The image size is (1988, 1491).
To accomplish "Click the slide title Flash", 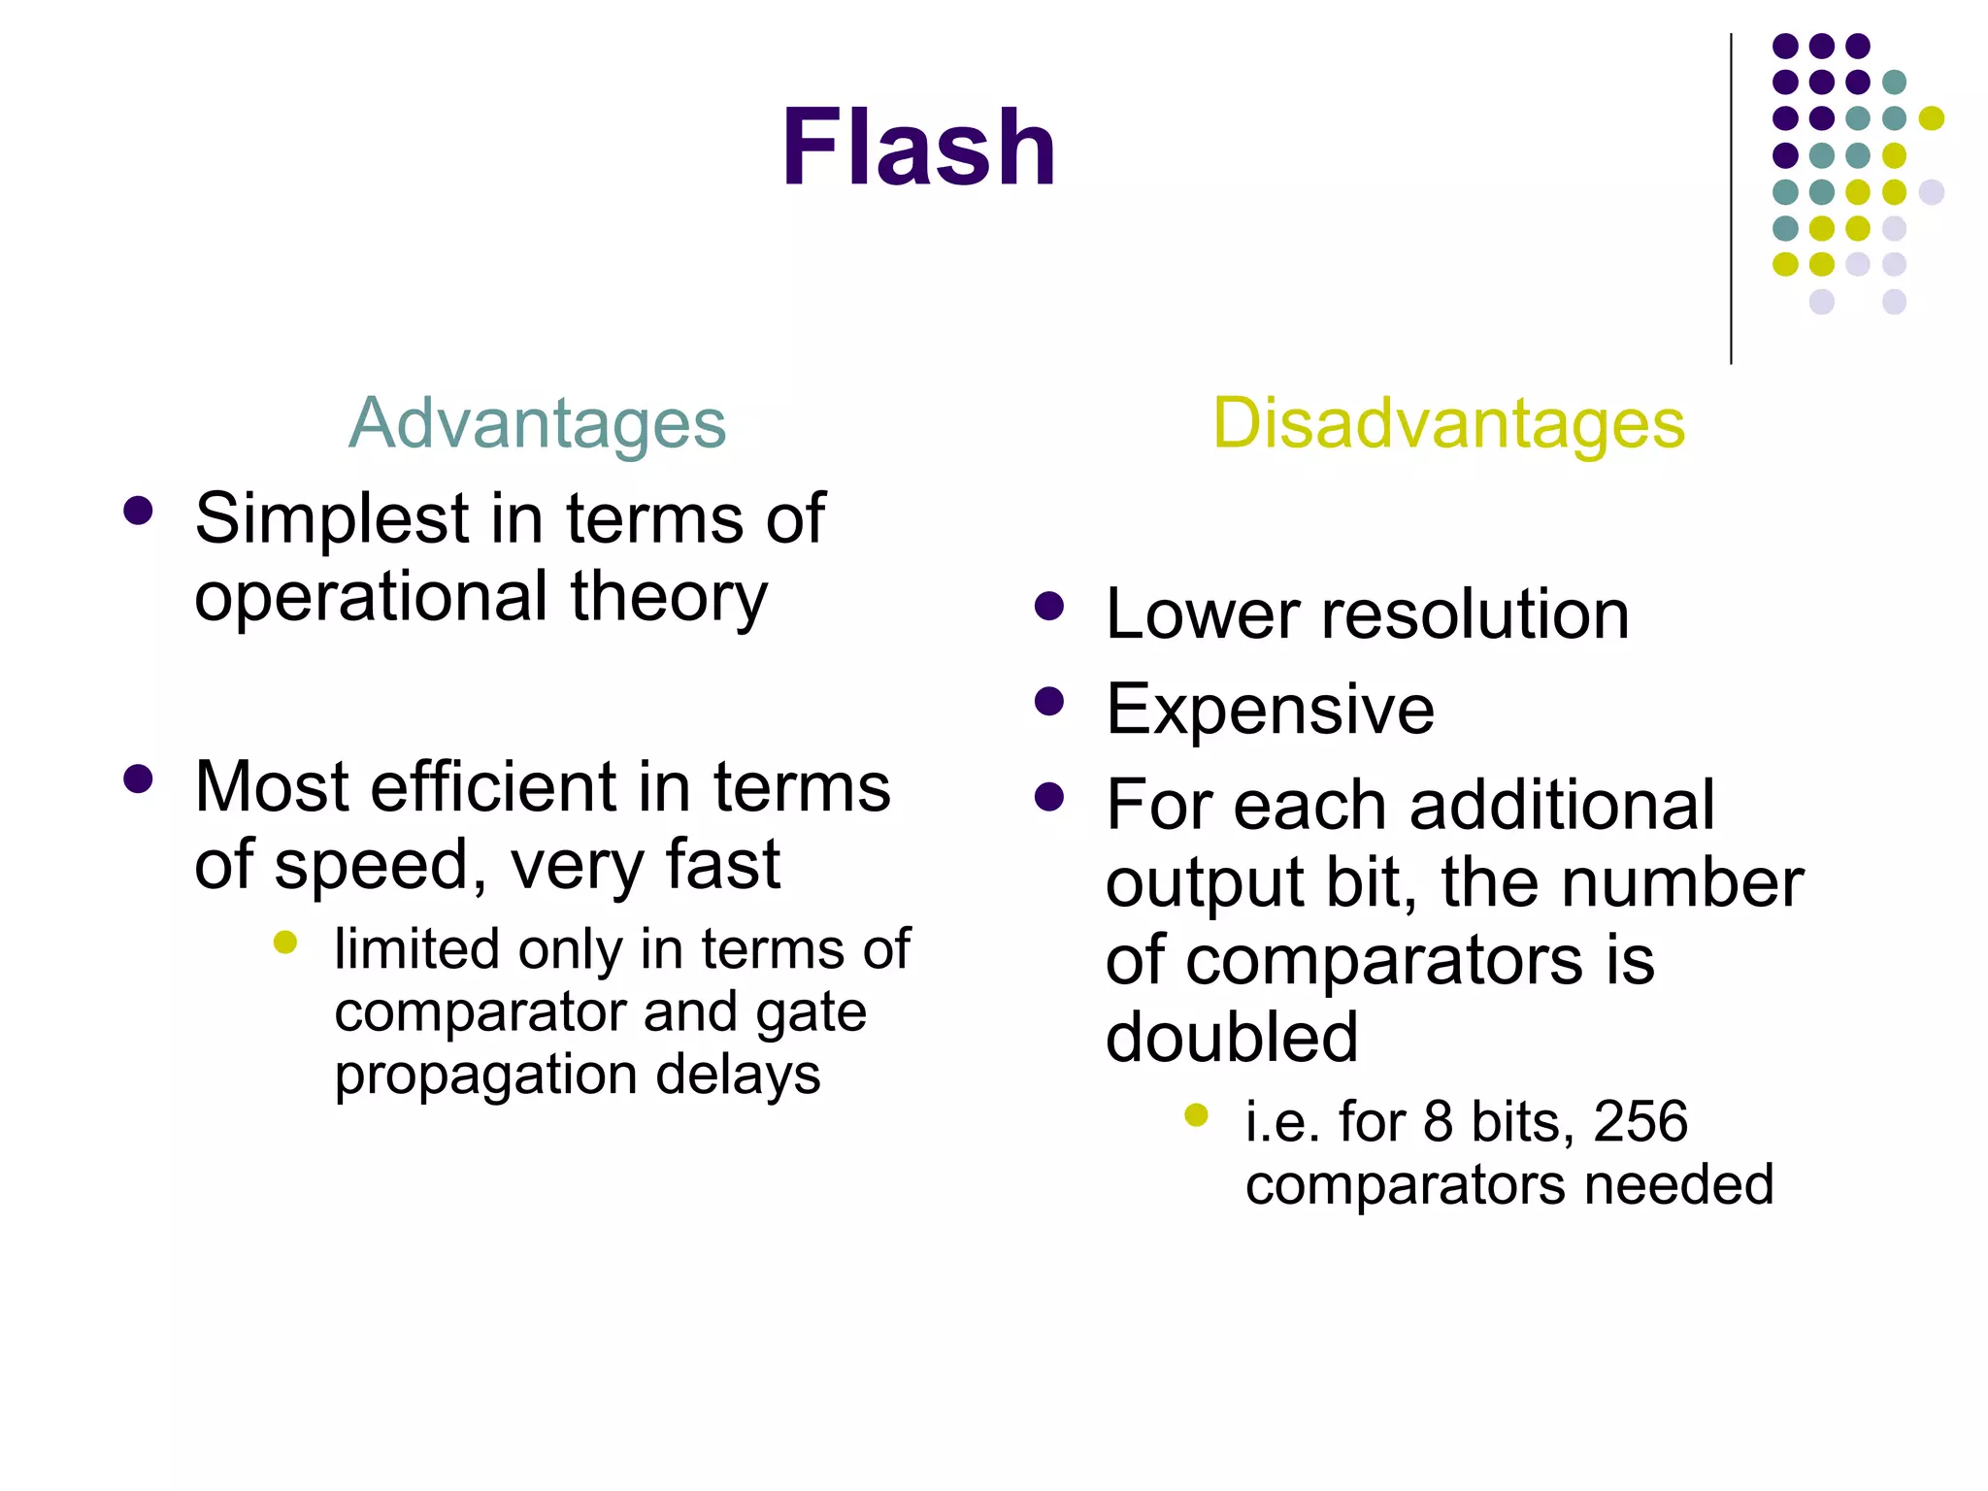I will (918, 148).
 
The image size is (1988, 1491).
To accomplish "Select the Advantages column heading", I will (537, 423).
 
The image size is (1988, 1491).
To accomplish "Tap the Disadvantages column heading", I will (1448, 423).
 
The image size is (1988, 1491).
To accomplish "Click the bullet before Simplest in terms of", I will (139, 512).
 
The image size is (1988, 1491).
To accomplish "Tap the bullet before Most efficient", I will (139, 779).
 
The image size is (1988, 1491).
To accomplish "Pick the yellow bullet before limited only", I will (285, 942).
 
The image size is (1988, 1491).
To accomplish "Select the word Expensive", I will (1270, 709).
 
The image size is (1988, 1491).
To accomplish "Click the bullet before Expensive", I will (1049, 702).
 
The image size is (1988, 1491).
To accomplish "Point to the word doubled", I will (1232, 1037).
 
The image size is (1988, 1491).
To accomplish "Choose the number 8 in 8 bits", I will (1438, 1121).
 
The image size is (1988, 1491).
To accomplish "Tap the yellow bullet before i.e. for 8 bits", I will (1196, 1115).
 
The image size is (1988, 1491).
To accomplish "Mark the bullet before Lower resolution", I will (1049, 607).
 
